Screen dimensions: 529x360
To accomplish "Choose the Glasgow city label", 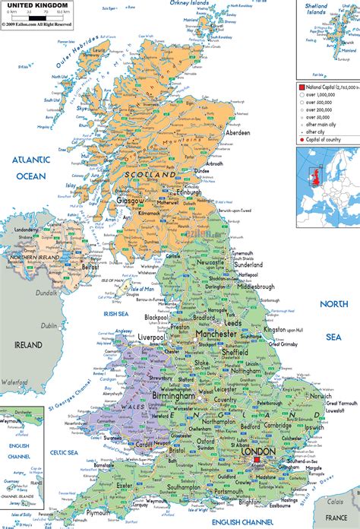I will [x=130, y=201].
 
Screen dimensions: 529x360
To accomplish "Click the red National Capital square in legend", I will [x=302, y=88].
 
